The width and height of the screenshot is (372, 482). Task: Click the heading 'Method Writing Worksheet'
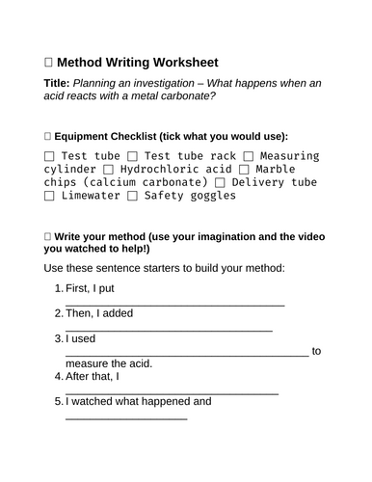click(136, 61)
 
